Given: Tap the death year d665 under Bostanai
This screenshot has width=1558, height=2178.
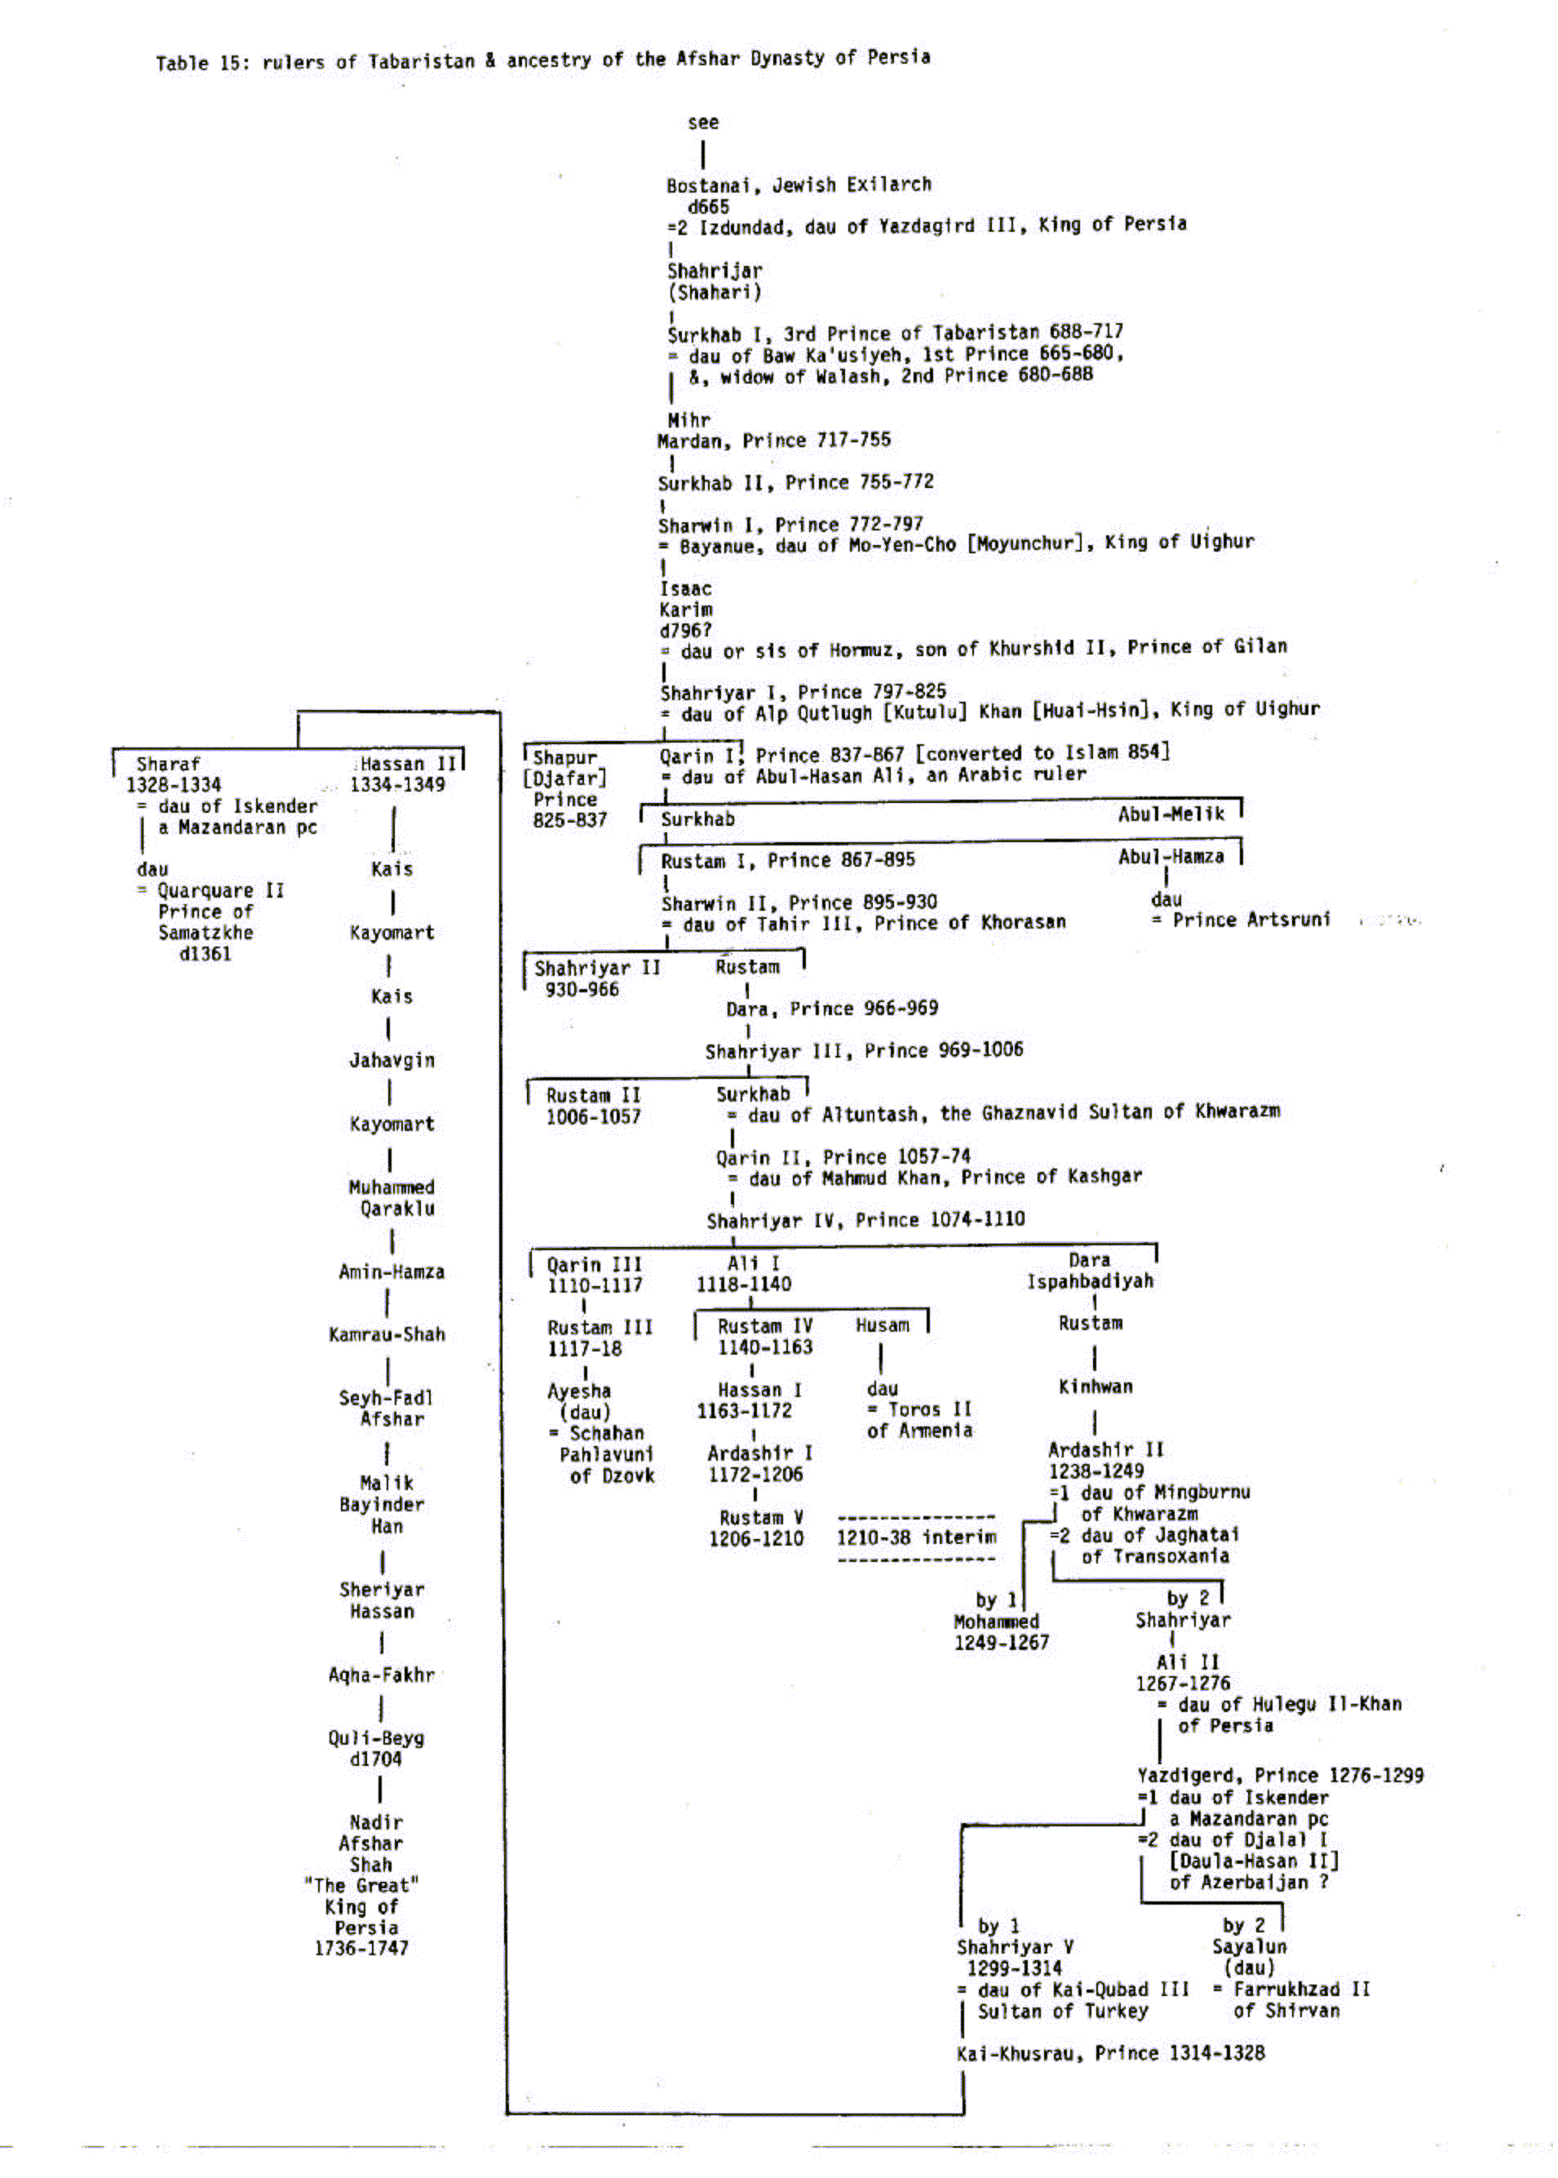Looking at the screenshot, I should point(708,206).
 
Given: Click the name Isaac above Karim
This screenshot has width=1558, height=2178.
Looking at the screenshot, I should point(685,588).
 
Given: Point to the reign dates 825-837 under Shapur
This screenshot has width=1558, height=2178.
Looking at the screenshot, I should point(570,820).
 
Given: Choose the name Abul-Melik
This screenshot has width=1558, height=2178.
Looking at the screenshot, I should point(1171,814).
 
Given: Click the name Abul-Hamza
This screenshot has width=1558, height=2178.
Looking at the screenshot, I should point(1171,857).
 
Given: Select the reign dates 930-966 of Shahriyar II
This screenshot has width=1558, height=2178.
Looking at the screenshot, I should point(582,989).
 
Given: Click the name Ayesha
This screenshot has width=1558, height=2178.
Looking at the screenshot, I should point(578,1391).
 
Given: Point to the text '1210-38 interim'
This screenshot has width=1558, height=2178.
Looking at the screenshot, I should point(916,1537).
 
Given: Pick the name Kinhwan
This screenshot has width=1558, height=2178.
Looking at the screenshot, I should point(1095,1386).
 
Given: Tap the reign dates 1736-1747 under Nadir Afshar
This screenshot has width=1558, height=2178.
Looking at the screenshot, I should point(361,1948).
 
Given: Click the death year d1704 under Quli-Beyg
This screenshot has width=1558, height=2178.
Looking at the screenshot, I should point(375,1759).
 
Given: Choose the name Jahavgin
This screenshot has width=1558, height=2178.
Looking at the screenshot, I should point(392,1060).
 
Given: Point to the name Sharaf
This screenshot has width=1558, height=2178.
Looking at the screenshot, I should point(168,764).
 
